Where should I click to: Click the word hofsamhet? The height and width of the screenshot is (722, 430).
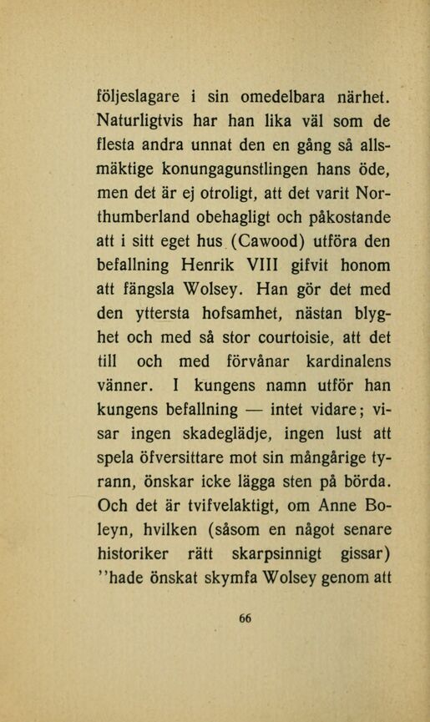point(233,316)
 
